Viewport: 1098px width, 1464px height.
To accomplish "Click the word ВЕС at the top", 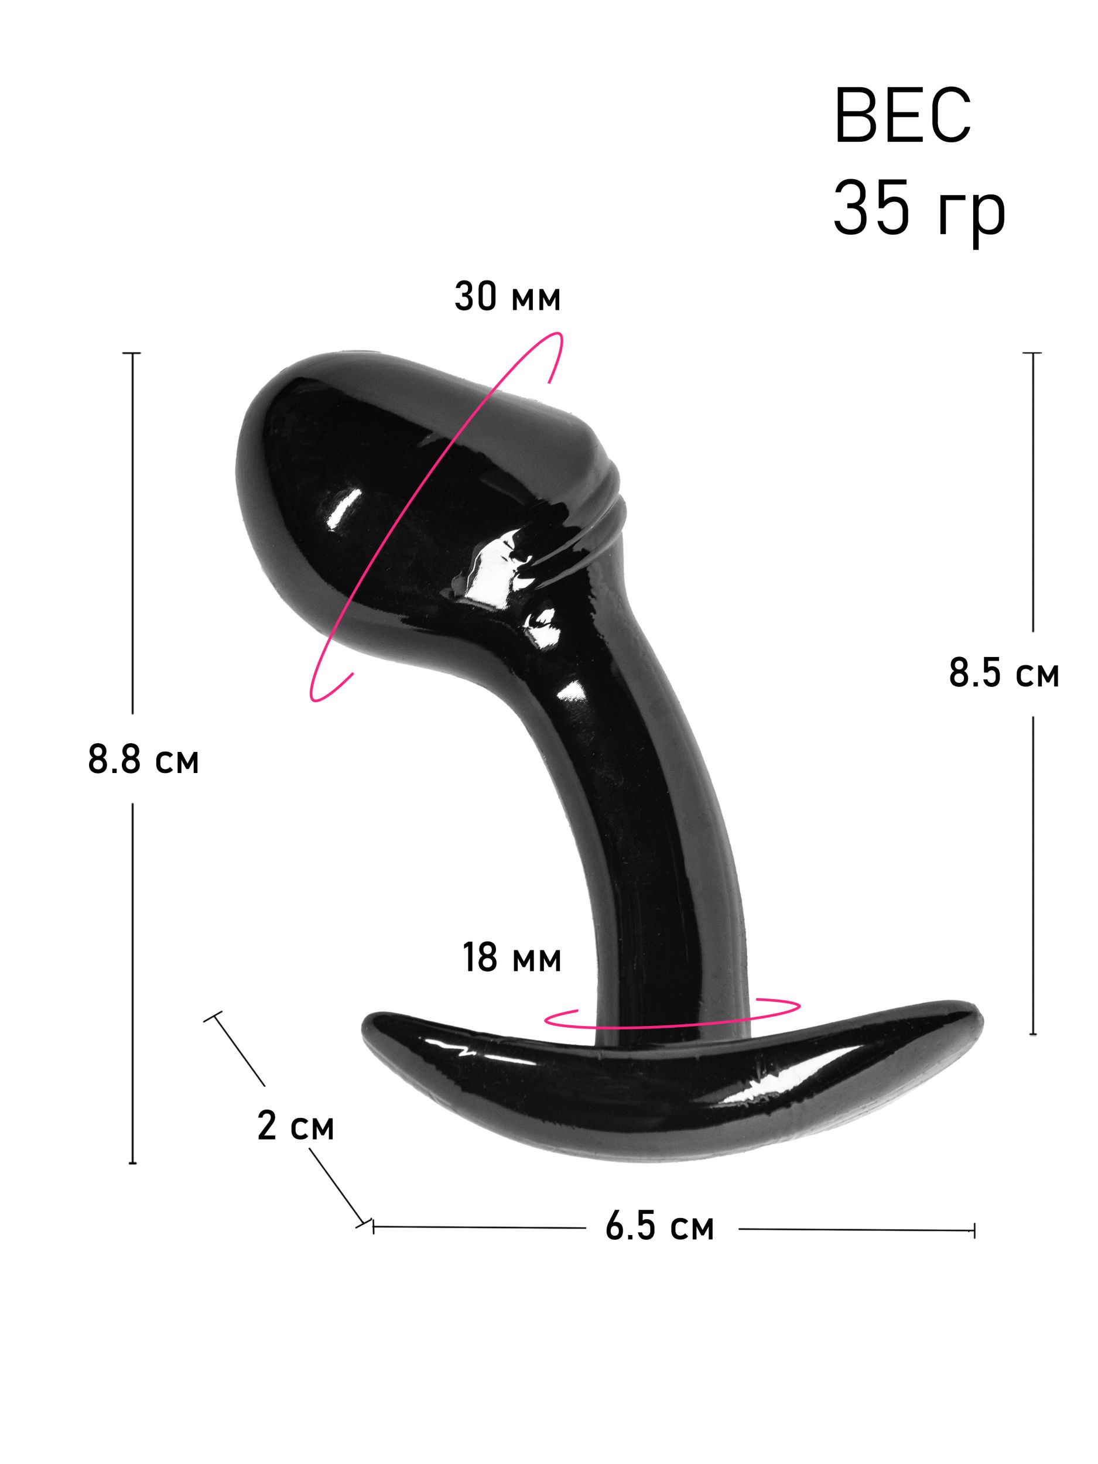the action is (x=902, y=115).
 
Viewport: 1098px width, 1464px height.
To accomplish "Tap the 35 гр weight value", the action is (x=919, y=210).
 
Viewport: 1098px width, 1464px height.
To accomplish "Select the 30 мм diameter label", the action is (x=507, y=296).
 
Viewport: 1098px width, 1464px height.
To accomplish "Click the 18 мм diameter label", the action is (x=512, y=957).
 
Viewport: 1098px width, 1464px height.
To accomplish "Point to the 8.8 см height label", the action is (x=143, y=759).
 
